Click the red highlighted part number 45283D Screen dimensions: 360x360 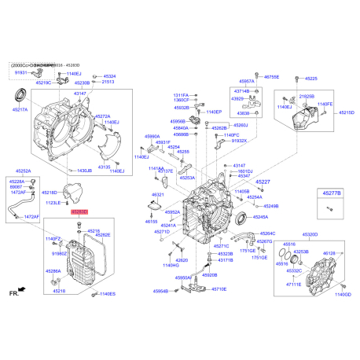(80, 212)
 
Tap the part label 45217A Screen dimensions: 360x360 (20, 111)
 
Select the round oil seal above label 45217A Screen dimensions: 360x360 (23, 96)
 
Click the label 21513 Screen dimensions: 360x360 (108, 83)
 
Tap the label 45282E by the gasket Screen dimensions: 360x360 (103, 235)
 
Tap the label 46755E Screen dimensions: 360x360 (271, 77)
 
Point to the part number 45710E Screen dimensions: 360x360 (219, 290)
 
